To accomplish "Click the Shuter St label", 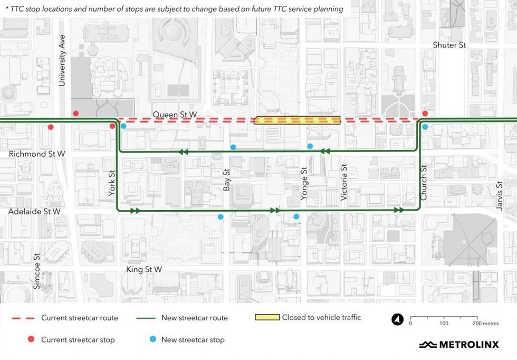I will click(x=449, y=45).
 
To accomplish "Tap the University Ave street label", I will click(x=62, y=61).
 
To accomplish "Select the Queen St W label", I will click(x=175, y=114).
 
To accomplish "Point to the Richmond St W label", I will click(x=37, y=154).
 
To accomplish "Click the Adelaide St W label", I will click(x=34, y=211).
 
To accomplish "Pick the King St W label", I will click(x=144, y=269).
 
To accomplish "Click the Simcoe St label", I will click(x=37, y=272).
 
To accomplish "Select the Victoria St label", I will click(x=344, y=183).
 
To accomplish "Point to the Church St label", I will click(x=423, y=183).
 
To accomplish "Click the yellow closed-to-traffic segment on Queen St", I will click(x=297, y=120).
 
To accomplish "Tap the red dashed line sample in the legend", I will click(x=23, y=318).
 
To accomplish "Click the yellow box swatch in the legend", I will click(x=266, y=318).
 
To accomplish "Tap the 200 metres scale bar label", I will click(x=481, y=323).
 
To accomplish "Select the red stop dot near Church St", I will click(x=425, y=113).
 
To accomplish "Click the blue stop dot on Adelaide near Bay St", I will click(x=221, y=216).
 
